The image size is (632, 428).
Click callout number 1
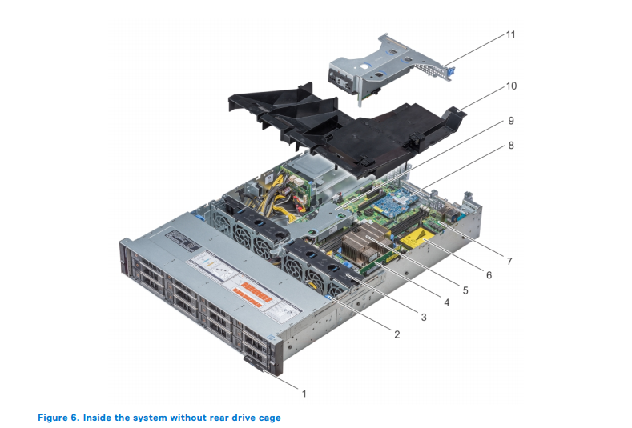click(304, 393)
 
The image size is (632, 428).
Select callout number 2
click(396, 334)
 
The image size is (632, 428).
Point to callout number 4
click(446, 303)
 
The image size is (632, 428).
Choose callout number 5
click(466, 289)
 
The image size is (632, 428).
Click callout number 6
click(488, 275)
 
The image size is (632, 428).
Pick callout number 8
click(510, 146)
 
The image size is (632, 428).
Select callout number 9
click(510, 120)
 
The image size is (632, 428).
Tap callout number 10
click(510, 84)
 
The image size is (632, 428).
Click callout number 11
click(510, 36)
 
